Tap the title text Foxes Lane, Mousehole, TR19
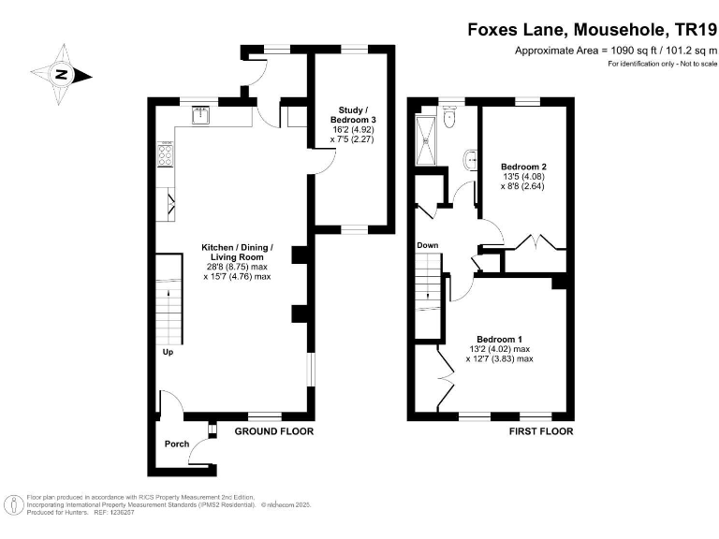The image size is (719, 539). click(x=592, y=29)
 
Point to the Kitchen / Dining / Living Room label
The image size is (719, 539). click(x=237, y=253)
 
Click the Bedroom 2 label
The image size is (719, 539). click(x=523, y=167)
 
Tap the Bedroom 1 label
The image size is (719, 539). click(x=499, y=339)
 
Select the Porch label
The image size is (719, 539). click(x=177, y=444)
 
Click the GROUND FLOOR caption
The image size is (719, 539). click(x=273, y=431)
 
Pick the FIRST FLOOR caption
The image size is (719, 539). click(x=541, y=431)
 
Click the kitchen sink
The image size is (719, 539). click(x=200, y=115)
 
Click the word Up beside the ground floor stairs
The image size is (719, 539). click(x=168, y=353)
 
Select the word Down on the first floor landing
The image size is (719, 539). click(x=428, y=245)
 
